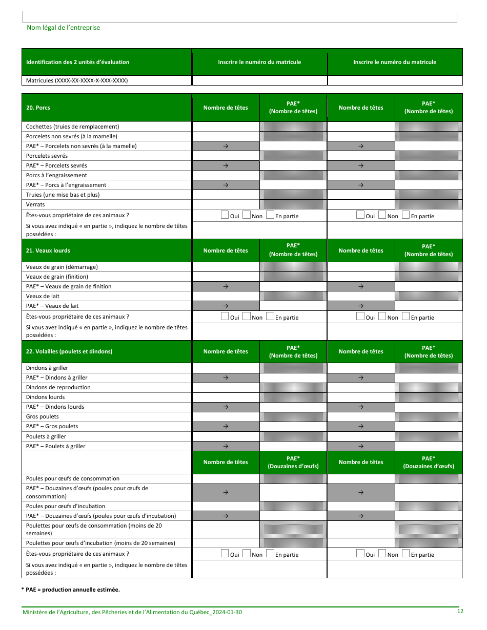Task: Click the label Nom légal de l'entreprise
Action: point(63,28)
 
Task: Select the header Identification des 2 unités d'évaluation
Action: point(77,62)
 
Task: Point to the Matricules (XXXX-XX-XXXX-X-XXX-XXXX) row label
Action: point(77,80)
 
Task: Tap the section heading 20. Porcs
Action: point(38,108)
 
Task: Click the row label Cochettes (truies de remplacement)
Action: point(72,127)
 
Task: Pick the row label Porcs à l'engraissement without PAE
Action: point(56,175)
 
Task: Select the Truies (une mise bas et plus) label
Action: point(63,195)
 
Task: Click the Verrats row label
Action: point(35,204)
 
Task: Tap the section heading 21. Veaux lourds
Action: point(48,250)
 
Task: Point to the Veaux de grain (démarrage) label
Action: point(62,267)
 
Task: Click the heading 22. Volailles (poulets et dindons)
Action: point(69,351)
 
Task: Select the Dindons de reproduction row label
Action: point(58,387)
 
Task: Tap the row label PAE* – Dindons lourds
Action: point(55,407)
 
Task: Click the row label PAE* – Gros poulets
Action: point(52,426)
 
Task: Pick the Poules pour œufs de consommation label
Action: point(72,478)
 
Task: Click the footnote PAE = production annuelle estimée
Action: point(70,590)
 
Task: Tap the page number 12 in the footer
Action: point(460,611)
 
